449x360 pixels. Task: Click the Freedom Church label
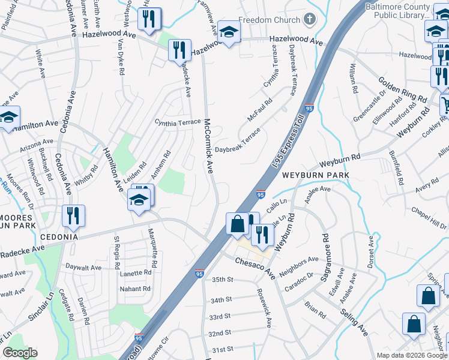point(270,20)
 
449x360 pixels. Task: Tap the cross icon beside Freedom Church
point(309,20)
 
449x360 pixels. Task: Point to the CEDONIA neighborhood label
point(60,237)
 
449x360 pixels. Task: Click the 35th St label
point(222,280)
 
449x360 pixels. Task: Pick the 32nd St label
point(220,334)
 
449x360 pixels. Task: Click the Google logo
point(20,353)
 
